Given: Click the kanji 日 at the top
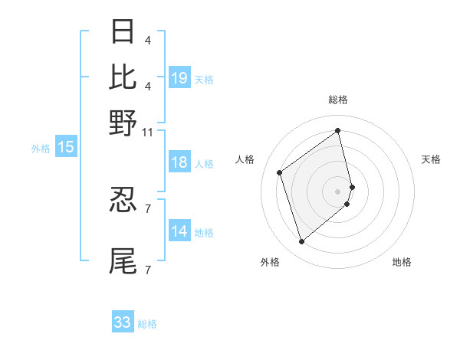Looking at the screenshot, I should [123, 32].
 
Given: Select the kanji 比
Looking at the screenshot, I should [123, 77].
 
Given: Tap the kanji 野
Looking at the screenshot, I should [123, 122].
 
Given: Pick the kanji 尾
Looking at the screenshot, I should [123, 260].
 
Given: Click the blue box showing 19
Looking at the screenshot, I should [179, 78].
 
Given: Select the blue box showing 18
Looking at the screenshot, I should [179, 163].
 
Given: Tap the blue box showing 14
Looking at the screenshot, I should [179, 232].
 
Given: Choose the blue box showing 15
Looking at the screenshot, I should [66, 148].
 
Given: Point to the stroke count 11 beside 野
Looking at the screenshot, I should [147, 132].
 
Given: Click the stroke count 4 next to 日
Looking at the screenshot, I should [147, 41].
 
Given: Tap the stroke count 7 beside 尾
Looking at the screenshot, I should [147, 270].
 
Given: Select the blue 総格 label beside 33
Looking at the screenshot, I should [147, 324].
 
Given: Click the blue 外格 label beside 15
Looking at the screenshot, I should [41, 149].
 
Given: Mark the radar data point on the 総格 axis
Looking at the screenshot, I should [338, 130].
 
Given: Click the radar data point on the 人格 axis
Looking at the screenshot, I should [280, 173].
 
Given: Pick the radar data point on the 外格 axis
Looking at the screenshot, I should [301, 242].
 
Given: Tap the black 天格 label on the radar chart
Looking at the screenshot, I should [431, 159].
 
